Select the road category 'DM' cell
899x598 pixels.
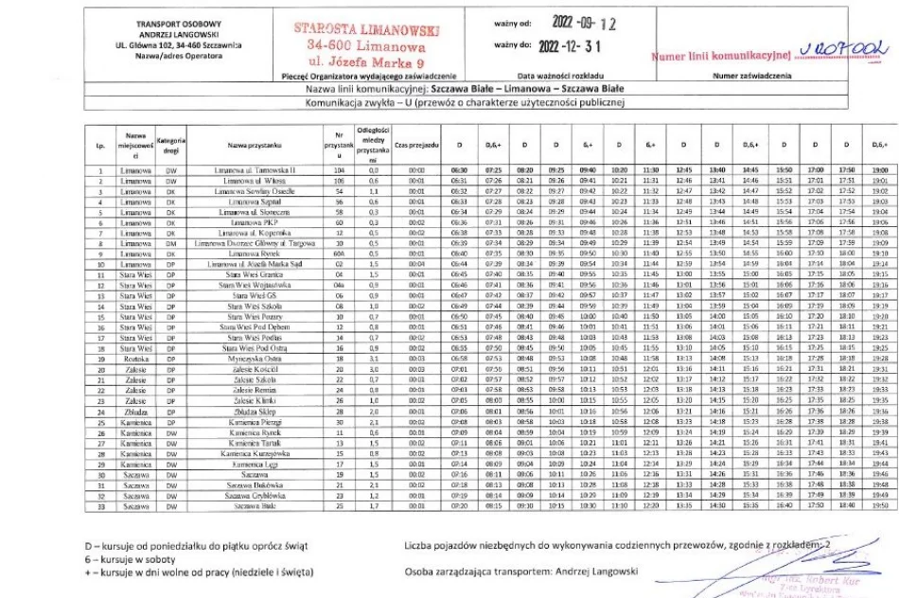(x=171, y=244)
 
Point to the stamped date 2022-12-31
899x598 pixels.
(x=569, y=44)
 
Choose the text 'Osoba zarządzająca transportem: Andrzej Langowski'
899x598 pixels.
(x=521, y=572)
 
